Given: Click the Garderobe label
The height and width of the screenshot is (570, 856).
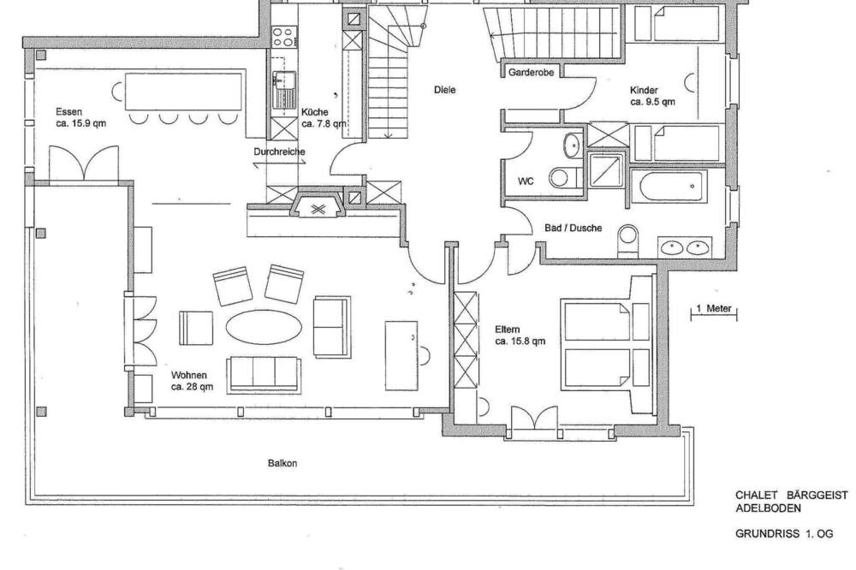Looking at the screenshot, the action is [531, 72].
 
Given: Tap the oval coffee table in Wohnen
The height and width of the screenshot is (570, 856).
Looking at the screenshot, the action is [265, 327].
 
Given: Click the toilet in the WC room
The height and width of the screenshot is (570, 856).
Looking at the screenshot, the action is [562, 178].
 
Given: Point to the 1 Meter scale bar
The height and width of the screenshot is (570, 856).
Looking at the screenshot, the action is [714, 312].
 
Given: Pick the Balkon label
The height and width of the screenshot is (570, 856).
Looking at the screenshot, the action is [282, 463].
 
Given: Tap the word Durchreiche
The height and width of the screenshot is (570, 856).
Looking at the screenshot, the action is [279, 151].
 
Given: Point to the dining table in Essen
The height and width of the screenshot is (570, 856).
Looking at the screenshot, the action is [183, 92].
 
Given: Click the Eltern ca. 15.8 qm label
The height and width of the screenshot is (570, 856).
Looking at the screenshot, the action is [520, 335].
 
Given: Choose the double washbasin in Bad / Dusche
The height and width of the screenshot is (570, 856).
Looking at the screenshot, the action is [685, 247].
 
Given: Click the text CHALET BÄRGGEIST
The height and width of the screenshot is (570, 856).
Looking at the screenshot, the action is [791, 496].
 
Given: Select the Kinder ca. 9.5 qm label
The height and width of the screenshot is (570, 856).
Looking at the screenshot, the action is [652, 96].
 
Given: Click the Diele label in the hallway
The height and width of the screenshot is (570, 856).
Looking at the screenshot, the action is [444, 90].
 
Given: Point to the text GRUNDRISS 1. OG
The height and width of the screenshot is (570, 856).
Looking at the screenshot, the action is [784, 534].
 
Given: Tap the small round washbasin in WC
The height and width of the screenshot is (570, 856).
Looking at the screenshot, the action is [573, 145].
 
